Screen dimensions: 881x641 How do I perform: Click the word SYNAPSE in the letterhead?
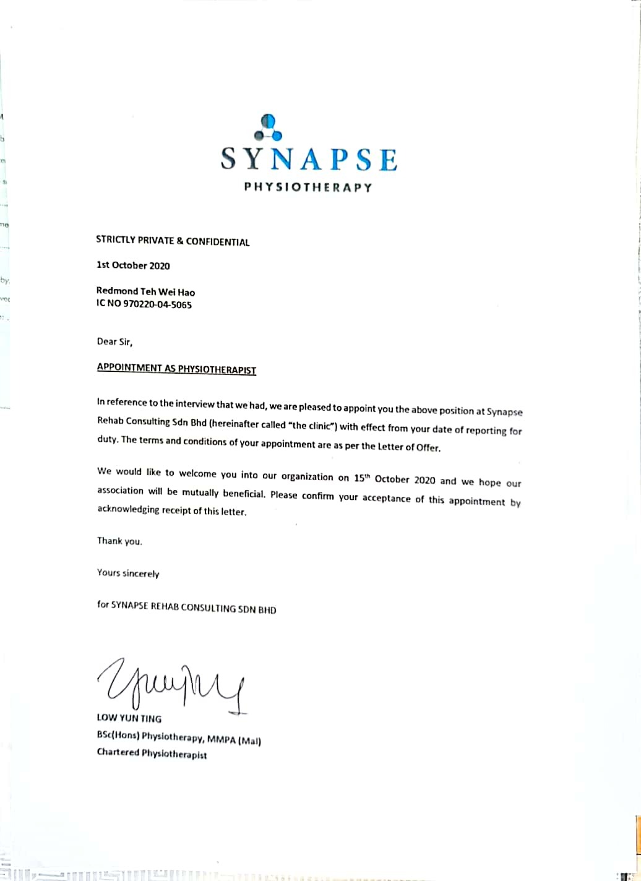(309, 160)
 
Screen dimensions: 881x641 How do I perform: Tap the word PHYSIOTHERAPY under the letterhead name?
(308, 187)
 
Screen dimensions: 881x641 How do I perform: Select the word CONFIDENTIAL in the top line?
(217, 242)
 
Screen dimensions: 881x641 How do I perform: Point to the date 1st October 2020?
(133, 265)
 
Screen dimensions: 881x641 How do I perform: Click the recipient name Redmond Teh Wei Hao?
(145, 291)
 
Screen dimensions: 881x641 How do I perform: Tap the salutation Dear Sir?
(114, 342)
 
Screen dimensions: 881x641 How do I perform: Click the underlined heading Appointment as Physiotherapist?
(176, 369)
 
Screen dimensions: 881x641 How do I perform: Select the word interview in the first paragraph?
(195, 405)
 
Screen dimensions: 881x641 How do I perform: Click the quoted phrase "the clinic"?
(316, 426)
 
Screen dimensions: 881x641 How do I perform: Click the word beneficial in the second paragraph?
(241, 494)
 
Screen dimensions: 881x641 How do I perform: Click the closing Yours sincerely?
(128, 574)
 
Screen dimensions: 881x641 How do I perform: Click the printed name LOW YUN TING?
(129, 719)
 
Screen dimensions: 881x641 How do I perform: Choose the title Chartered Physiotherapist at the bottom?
(152, 754)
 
